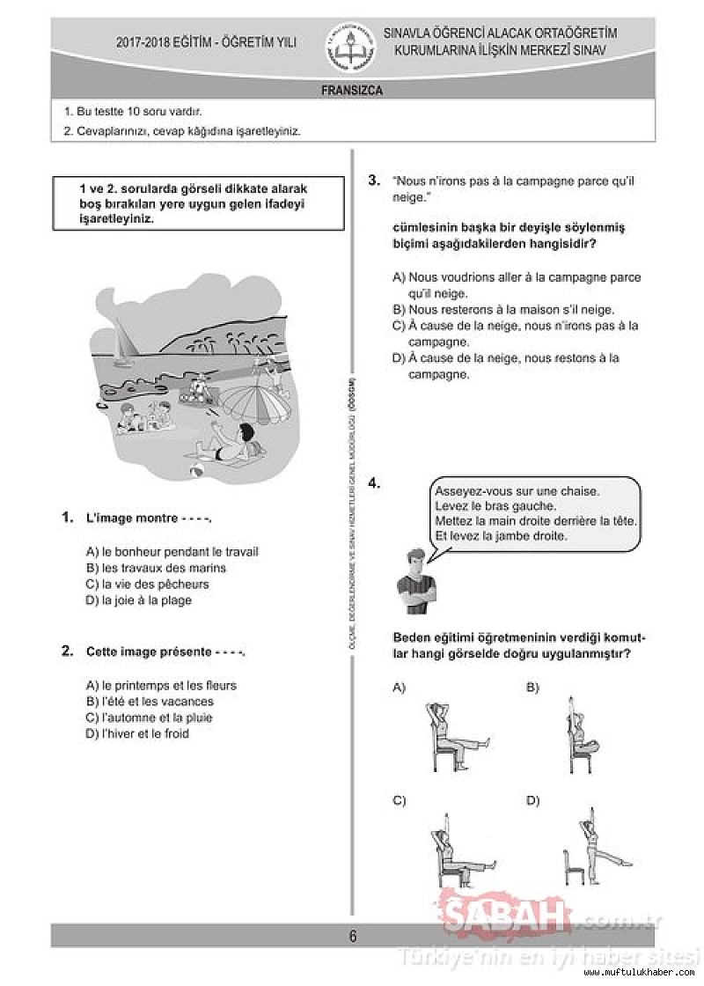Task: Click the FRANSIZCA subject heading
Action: tap(352, 90)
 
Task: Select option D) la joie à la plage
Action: tap(139, 600)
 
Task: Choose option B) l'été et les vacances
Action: tap(150, 702)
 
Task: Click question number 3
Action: tap(374, 180)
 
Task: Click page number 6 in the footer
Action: tap(353, 936)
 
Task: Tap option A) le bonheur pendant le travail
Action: tap(172, 552)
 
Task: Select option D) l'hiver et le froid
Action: tap(138, 733)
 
